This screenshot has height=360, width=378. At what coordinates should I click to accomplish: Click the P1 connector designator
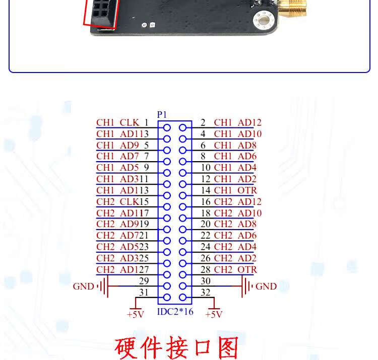point(162,115)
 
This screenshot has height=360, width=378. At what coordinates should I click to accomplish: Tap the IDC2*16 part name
point(175,312)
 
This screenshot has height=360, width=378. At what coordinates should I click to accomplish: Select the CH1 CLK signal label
point(117,122)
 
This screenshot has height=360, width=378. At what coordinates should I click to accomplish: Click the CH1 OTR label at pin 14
point(235,190)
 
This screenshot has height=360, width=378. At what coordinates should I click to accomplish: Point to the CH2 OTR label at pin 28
point(235,269)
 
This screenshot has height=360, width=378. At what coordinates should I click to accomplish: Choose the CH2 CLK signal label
point(117,202)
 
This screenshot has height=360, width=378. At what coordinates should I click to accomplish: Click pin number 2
point(203,122)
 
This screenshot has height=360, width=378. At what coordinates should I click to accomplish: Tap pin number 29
point(144,281)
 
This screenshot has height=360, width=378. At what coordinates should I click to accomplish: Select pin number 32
point(206,293)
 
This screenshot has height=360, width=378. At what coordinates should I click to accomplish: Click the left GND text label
point(83,286)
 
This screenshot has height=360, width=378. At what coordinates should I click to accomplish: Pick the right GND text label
point(266,286)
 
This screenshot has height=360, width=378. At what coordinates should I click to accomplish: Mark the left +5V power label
point(135,314)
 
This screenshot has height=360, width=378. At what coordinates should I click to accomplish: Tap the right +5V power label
point(214,314)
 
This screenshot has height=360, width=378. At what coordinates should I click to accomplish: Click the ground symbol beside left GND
point(103,286)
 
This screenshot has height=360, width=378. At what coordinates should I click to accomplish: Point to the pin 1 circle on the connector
point(167,127)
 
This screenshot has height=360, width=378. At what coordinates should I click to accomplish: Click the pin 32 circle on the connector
point(183,298)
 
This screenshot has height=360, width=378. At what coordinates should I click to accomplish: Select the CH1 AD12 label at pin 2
point(238,122)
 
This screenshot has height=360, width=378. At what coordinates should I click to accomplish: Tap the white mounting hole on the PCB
point(264,19)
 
